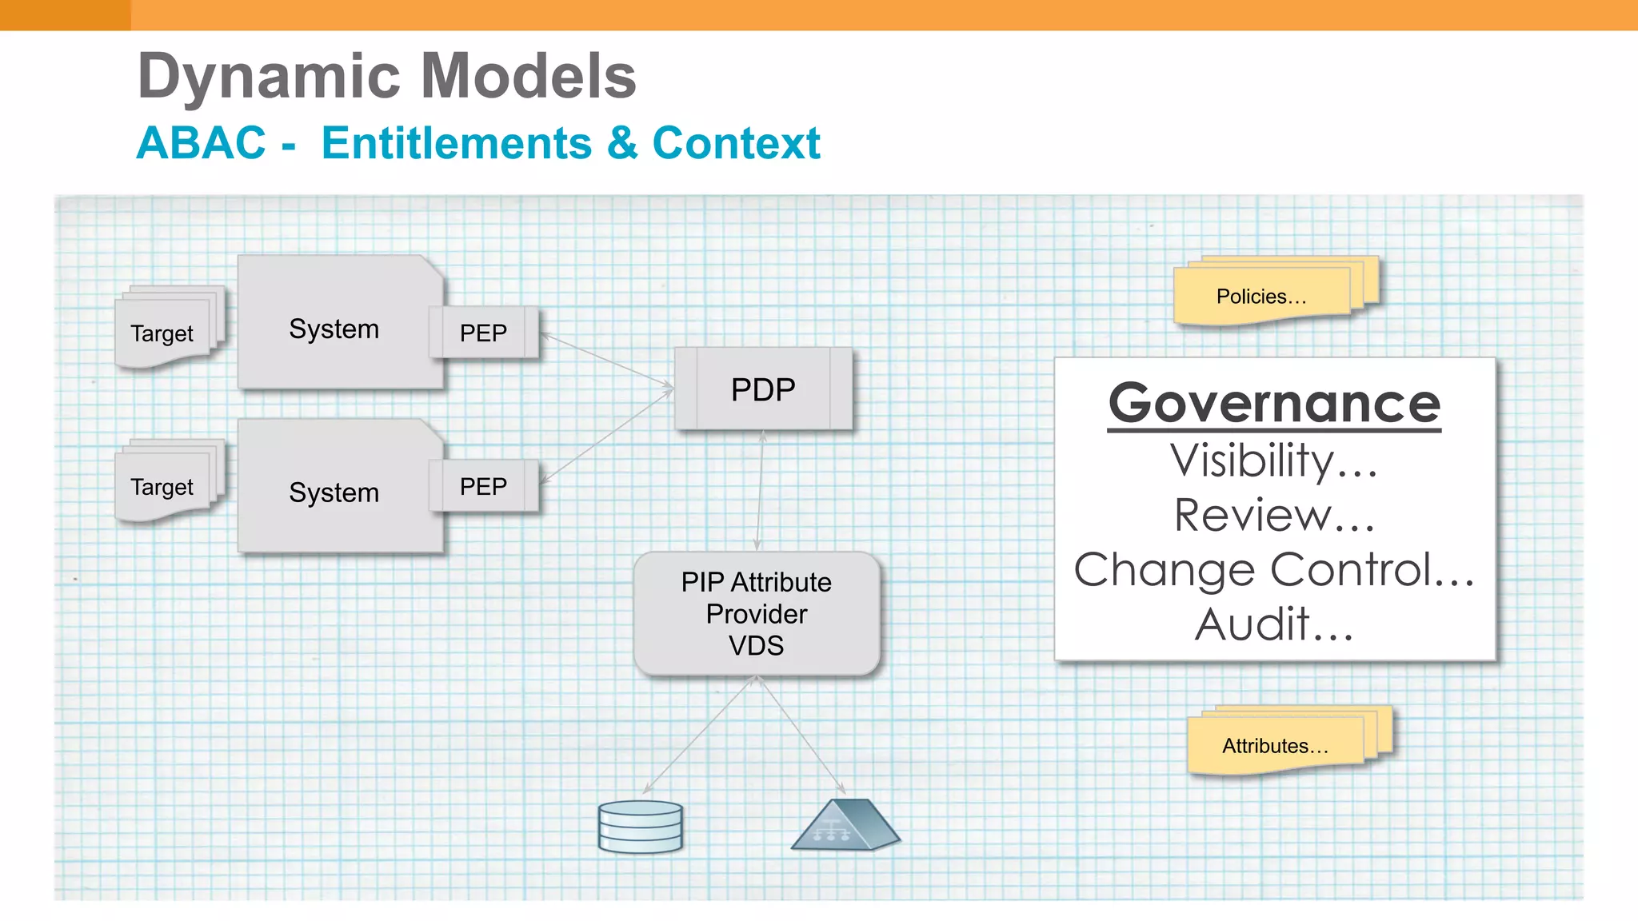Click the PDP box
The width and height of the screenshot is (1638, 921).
[x=763, y=389]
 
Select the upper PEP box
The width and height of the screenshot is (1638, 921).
[x=484, y=333]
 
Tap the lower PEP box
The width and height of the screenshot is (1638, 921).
[x=484, y=486]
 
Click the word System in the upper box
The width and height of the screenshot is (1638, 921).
[x=334, y=329]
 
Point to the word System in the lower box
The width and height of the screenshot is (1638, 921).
[x=334, y=492]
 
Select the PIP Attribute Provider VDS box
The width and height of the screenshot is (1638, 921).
[x=757, y=614]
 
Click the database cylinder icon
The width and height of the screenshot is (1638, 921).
[x=640, y=827]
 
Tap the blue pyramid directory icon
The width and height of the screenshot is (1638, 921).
[x=845, y=825]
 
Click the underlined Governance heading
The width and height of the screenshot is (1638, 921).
[x=1274, y=404]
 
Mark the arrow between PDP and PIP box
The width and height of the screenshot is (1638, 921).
[x=760, y=490]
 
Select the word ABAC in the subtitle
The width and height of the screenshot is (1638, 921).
[x=201, y=143]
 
